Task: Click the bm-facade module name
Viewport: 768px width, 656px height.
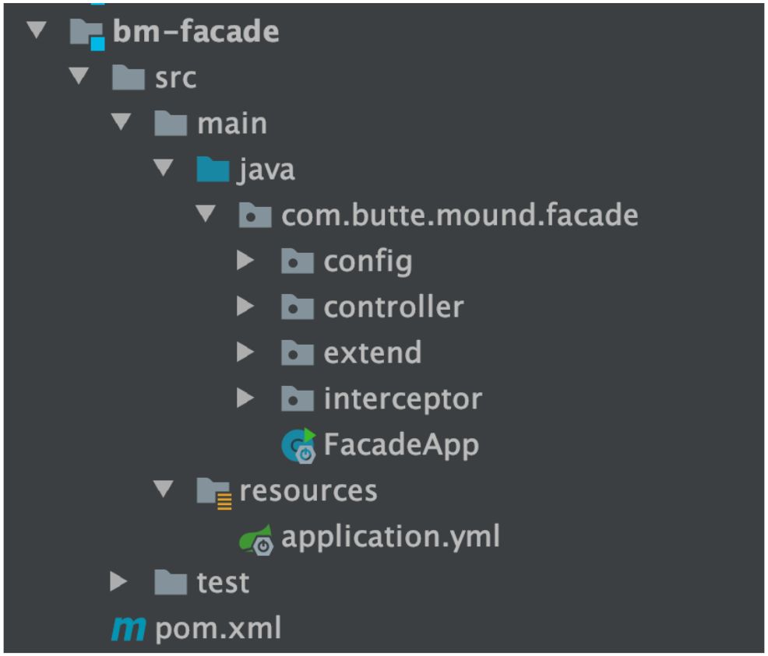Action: click(x=196, y=32)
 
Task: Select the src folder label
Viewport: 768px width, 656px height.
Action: click(x=175, y=78)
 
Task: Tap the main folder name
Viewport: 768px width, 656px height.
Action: click(x=232, y=124)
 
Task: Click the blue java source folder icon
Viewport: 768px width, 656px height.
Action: click(x=213, y=170)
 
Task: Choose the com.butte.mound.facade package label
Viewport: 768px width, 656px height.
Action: click(x=460, y=215)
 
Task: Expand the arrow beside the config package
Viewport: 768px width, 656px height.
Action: click(x=246, y=261)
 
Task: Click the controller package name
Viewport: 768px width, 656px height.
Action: click(x=393, y=307)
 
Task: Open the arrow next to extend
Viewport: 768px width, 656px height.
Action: click(x=246, y=353)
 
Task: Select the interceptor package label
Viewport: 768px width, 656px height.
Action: click(x=403, y=399)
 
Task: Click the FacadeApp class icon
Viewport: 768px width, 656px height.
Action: click(x=298, y=445)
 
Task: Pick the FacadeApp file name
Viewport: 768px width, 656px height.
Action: click(x=401, y=445)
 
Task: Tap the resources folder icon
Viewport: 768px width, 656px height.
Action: click(x=214, y=491)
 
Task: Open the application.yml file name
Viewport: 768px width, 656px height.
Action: click(x=390, y=536)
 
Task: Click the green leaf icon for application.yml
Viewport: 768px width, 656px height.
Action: click(x=256, y=538)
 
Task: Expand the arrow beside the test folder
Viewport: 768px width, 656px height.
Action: click(x=118, y=582)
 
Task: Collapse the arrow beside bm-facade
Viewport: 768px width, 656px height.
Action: click(x=35, y=32)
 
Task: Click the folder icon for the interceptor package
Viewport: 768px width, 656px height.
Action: click(x=297, y=399)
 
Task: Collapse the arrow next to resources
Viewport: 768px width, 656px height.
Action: click(x=163, y=490)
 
